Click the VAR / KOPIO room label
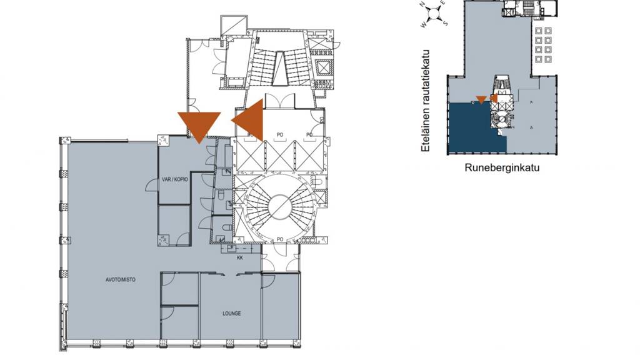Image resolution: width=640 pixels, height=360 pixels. coord(175,179)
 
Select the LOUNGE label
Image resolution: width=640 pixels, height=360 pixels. coord(231,313)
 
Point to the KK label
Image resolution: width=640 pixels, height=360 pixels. coord(239,257)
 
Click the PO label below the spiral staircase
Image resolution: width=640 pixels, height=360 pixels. coord(281,239)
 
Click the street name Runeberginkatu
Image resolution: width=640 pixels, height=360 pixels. coord(502,167)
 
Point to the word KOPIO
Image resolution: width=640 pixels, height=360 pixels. coord(181,179)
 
